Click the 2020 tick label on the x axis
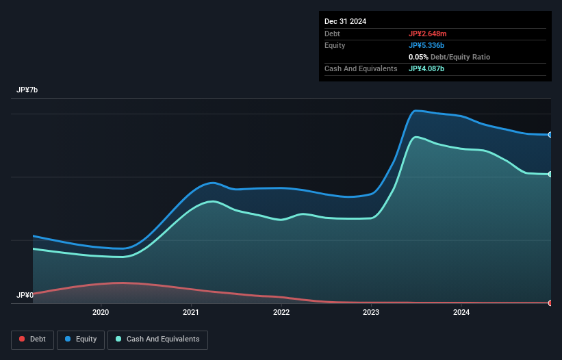[101, 313]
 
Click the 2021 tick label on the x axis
[191, 313]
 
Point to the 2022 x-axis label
[281, 313]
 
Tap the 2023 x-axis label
[371, 313]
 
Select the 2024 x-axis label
[461, 313]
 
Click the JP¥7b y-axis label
[27, 90]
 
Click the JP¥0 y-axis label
[25, 296]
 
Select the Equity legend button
[81, 339]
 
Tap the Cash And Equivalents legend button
[157, 339]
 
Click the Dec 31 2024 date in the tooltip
[345, 21]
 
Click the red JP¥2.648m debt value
[428, 34]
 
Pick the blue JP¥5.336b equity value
[427, 45]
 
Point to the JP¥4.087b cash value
[427, 68]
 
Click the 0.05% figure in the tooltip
[418, 57]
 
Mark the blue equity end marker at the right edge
[550, 135]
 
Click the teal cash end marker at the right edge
[550, 175]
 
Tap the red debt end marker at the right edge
[550, 303]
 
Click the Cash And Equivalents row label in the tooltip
[361, 68]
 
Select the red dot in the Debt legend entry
[23, 339]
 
